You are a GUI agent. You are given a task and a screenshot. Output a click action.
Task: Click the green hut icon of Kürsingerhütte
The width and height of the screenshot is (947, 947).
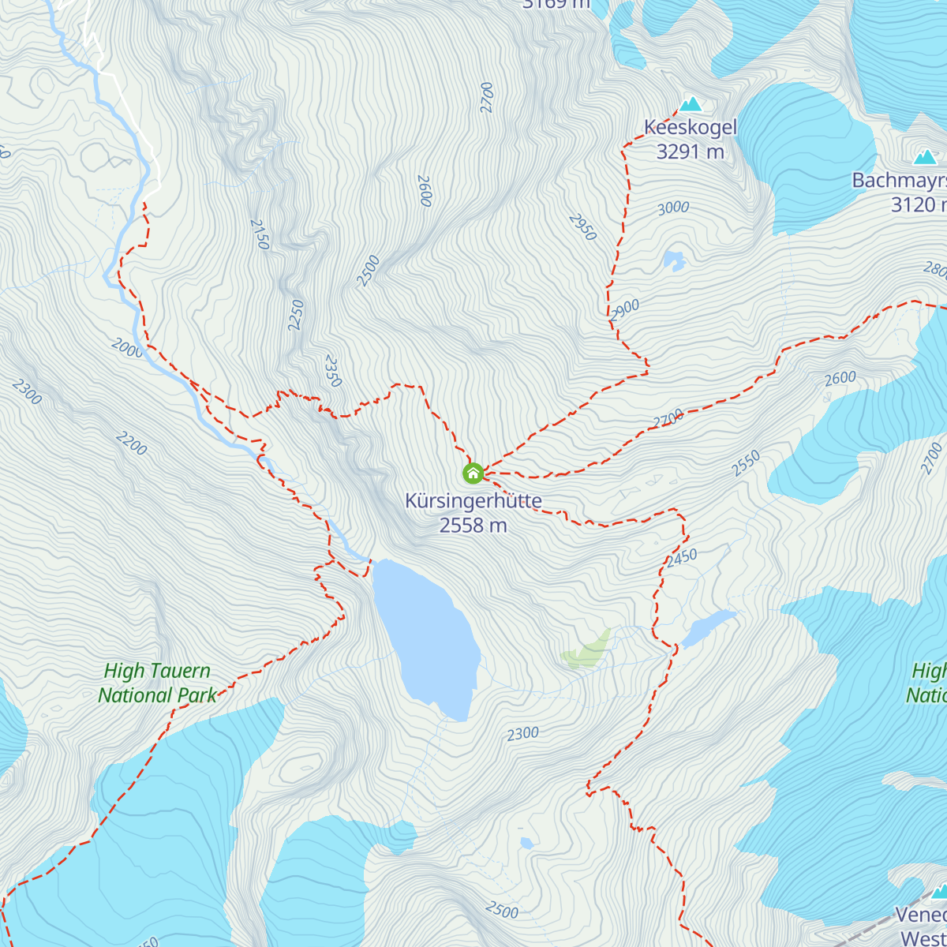pyautogui.click(x=473, y=473)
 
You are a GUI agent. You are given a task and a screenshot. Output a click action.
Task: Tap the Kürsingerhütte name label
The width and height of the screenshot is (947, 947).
pyautogui.click(x=473, y=501)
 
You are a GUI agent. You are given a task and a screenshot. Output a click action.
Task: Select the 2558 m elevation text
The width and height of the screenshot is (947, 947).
pyautogui.click(x=473, y=525)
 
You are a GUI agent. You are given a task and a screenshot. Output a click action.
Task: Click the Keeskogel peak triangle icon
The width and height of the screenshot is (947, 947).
pyautogui.click(x=691, y=104)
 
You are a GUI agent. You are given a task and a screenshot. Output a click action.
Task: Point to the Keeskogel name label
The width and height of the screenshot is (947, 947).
pyautogui.click(x=691, y=127)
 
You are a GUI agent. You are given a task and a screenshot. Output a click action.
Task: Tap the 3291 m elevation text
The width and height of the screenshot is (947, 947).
pyautogui.click(x=691, y=151)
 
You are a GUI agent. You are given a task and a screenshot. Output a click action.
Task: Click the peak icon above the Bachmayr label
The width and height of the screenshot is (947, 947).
pyautogui.click(x=924, y=157)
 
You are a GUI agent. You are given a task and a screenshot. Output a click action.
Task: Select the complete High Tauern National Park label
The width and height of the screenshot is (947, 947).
pyautogui.click(x=158, y=683)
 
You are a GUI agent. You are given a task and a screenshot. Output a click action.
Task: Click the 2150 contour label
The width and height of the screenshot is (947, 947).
pyautogui.click(x=259, y=234)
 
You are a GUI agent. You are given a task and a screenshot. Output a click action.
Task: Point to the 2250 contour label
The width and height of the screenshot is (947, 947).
pyautogui.click(x=297, y=315)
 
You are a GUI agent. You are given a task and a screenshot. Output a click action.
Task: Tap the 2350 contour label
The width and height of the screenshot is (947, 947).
pyautogui.click(x=332, y=371)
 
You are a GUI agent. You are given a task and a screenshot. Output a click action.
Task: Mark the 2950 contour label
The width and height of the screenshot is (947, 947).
pyautogui.click(x=582, y=226)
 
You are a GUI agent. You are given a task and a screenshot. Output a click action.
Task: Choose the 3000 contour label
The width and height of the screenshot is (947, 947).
pyautogui.click(x=673, y=208)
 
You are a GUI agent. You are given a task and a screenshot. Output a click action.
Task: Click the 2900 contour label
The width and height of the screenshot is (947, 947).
pyautogui.click(x=625, y=309)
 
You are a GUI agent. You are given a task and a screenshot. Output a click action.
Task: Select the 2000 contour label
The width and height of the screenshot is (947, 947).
pyautogui.click(x=127, y=348)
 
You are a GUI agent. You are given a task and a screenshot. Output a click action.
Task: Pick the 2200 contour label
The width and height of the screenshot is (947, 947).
pyautogui.click(x=131, y=444)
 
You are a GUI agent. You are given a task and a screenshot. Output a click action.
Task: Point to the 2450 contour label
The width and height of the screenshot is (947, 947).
pyautogui.click(x=681, y=559)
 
